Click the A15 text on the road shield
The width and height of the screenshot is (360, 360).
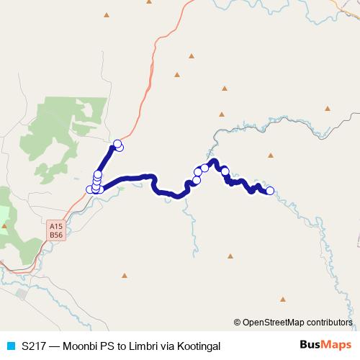click(x=56, y=226)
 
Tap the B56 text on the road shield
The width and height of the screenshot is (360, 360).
click(x=56, y=235)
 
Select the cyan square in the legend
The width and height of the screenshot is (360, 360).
click(x=9, y=346)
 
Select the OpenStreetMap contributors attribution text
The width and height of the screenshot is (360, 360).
click(x=297, y=322)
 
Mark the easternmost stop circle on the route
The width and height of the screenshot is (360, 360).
click(x=270, y=191)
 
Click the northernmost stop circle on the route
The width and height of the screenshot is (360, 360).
click(x=118, y=143)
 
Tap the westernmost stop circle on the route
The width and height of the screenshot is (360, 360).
click(x=90, y=189)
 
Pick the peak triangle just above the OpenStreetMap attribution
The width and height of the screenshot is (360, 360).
click(x=283, y=299)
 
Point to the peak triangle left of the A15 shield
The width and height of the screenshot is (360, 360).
click(x=4, y=225)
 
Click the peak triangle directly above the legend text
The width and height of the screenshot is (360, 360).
click(x=124, y=275)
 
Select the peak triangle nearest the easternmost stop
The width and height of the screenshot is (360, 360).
click(x=270, y=154)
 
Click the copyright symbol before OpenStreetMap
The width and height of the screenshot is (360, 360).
click(x=238, y=322)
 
